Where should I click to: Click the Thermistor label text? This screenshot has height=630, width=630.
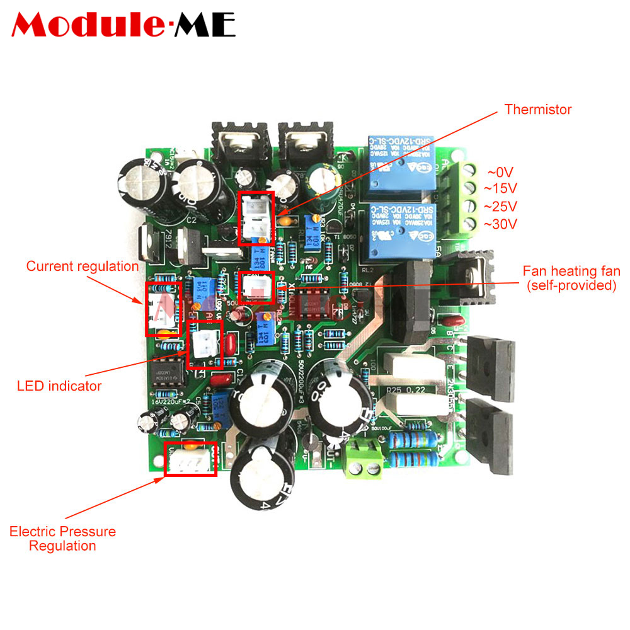pyautogui.click(x=537, y=110)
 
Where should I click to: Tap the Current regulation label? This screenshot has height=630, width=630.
pyautogui.click(x=82, y=266)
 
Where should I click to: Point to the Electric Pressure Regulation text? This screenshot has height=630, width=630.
pyautogui.click(x=62, y=539)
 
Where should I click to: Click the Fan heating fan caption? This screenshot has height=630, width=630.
pyautogui.click(x=571, y=278)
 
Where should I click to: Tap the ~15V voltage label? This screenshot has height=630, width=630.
pyautogui.click(x=500, y=188)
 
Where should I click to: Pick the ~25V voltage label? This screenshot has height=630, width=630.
pyautogui.click(x=500, y=206)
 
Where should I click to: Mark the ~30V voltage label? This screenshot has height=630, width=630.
pyautogui.click(x=500, y=224)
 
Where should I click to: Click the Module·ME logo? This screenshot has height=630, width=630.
pyautogui.click(x=123, y=25)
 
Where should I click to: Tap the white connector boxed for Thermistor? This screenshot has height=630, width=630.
pyautogui.click(x=256, y=218)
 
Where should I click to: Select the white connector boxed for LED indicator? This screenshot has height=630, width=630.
pyautogui.click(x=205, y=343)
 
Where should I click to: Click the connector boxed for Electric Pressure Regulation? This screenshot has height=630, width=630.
pyautogui.click(x=190, y=459)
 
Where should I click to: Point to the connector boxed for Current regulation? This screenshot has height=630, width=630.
pyautogui.click(x=163, y=308)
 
